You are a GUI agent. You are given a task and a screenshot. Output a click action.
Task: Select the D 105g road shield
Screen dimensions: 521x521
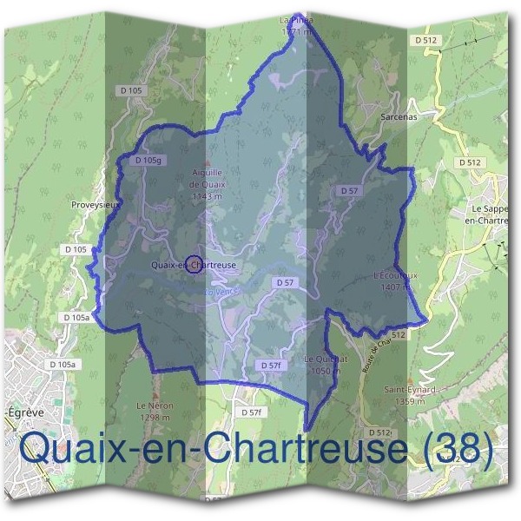click(x=149, y=161)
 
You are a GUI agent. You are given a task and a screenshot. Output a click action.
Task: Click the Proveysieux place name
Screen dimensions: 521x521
click(x=95, y=205)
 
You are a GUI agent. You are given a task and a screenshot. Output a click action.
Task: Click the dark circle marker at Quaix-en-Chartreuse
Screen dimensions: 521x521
click(x=195, y=264)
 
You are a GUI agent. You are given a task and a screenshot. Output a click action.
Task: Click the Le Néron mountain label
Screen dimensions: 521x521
click(x=155, y=406)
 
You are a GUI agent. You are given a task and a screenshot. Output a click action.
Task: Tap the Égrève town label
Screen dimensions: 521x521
click(x=19, y=413)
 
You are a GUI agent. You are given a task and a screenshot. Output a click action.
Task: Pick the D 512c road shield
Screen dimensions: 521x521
click(x=379, y=432)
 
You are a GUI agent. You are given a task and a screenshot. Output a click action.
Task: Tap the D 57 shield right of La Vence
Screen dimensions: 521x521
click(x=286, y=283)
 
